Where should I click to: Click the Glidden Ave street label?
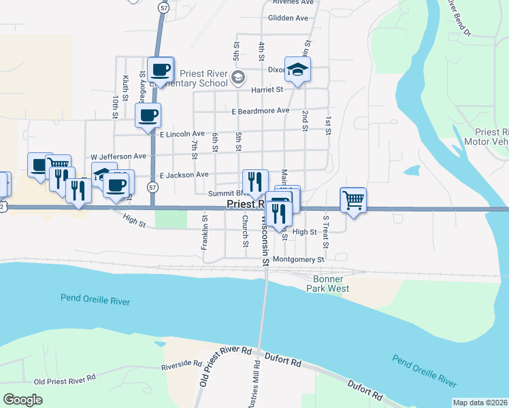tap(289, 18)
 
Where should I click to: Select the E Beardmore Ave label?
tap(261, 111)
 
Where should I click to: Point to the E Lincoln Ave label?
tap(182, 135)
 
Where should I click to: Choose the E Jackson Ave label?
tap(184, 175)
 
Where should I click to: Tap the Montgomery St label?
tap(298, 260)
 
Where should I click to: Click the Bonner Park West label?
tap(331, 284)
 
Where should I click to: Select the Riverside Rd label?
tap(182, 366)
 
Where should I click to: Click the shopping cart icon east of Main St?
tap(353, 200)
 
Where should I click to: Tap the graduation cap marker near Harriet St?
tap(297, 69)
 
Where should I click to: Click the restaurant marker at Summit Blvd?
tap(255, 182)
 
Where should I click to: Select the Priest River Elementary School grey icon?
tap(237, 79)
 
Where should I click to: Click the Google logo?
tap(22, 399)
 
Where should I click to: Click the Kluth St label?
tap(126, 90)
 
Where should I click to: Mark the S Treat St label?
tap(327, 232)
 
